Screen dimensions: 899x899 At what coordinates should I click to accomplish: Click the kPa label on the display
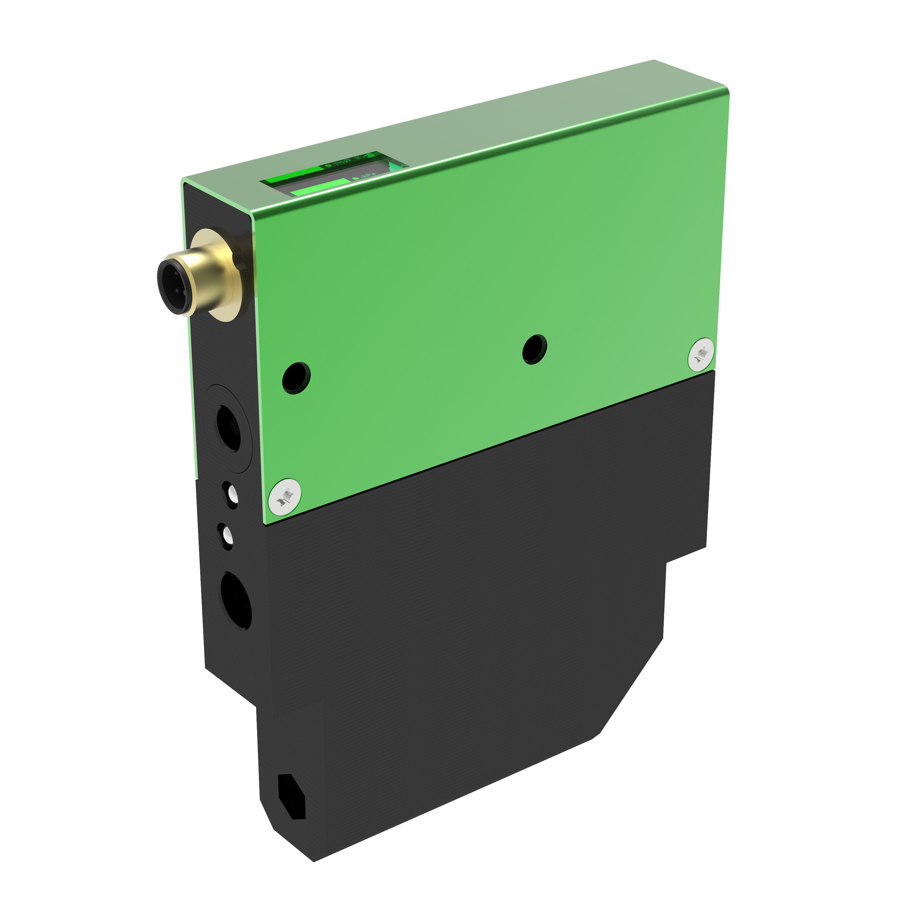point(368,175)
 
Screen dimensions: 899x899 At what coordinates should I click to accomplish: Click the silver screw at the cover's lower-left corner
point(285,497)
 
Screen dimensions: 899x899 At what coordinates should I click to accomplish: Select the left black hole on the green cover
point(296,378)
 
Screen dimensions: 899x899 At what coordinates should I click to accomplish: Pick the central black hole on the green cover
point(534,349)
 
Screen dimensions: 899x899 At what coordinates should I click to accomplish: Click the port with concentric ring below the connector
point(228,428)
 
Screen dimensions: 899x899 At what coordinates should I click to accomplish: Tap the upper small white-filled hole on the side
point(231,495)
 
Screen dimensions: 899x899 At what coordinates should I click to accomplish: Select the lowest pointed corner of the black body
point(314,861)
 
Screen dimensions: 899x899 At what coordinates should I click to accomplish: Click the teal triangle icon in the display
point(395,165)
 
